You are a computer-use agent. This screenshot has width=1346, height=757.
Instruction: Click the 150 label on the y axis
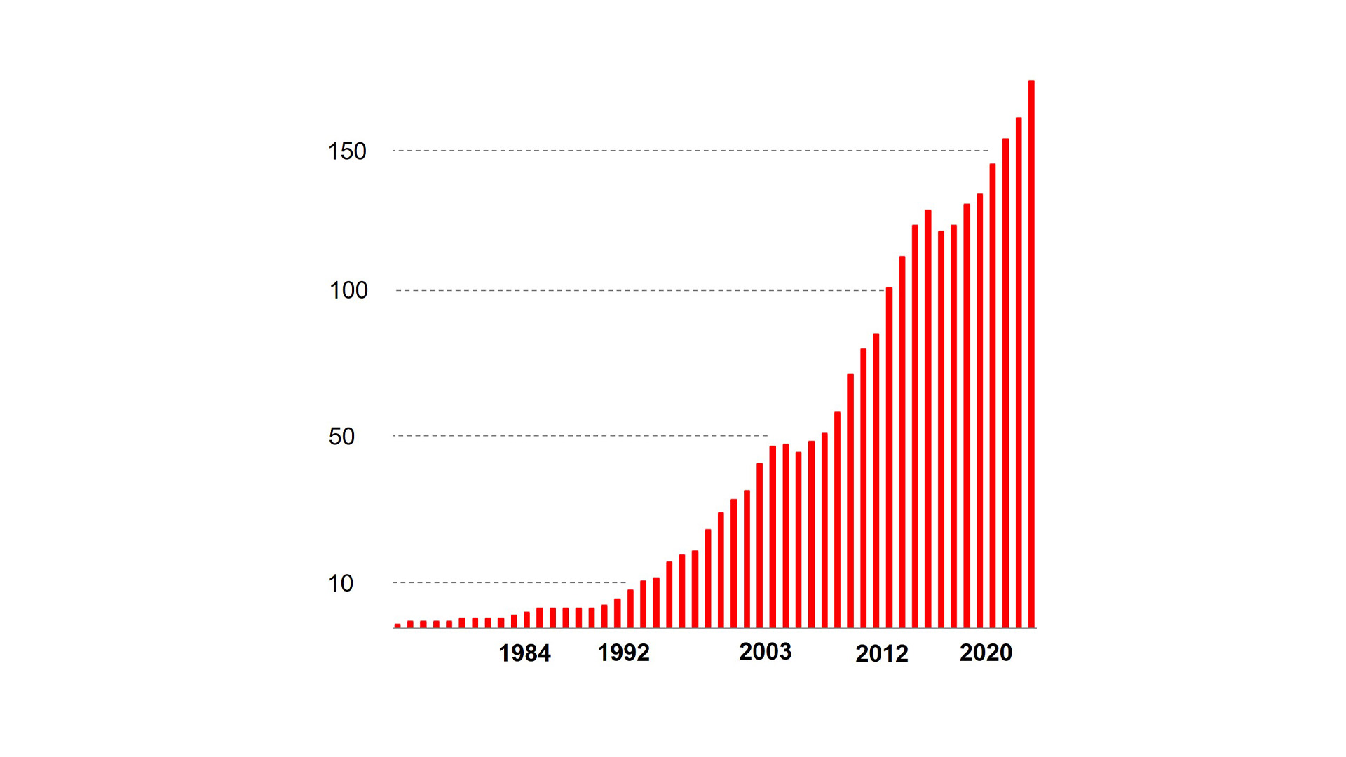[347, 151]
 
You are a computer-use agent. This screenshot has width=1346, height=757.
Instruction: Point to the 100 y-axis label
[348, 290]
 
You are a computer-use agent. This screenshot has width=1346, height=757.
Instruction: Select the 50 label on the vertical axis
[341, 437]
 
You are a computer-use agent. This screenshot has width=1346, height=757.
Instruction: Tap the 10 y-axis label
[341, 583]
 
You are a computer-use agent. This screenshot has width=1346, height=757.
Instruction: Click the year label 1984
[524, 653]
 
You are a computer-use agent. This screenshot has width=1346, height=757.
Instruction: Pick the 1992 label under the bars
[623, 653]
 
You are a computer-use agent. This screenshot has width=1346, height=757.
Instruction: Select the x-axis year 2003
[765, 652]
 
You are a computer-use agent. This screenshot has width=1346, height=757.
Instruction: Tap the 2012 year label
[881, 654]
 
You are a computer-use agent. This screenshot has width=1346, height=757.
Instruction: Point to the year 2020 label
[986, 653]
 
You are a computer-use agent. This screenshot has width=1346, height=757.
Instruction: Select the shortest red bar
[397, 625]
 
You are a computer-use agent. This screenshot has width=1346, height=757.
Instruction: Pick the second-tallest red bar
[1019, 372]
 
